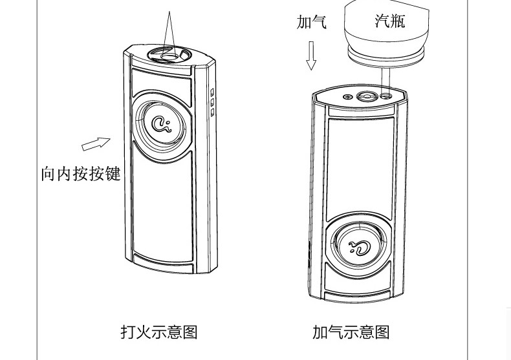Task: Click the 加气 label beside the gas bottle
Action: pos(311,22)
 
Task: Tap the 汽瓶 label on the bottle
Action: pos(389,21)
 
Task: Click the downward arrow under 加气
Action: pos(312,56)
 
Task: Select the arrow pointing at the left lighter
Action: pos(96,143)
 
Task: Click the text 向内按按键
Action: pos(81,174)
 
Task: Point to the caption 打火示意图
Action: pos(158,332)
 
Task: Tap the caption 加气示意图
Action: pos(351,332)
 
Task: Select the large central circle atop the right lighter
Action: pos(367,97)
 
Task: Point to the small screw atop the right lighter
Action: pos(348,97)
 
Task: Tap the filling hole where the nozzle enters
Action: pos(386,96)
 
